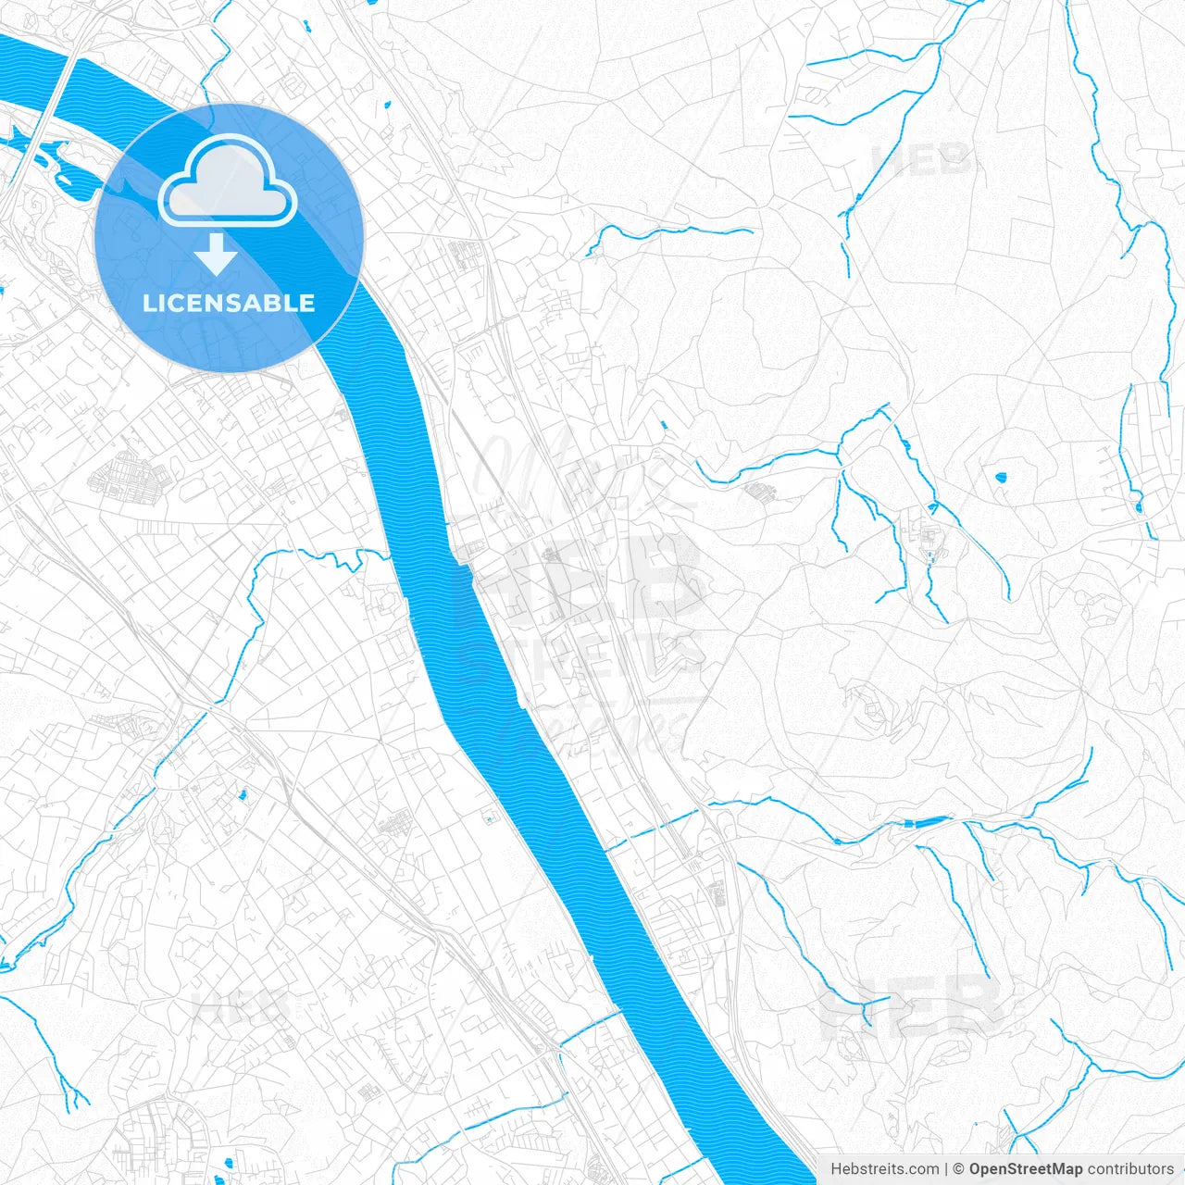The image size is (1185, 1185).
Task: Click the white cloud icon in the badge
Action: point(228,180)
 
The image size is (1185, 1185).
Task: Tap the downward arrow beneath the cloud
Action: point(217,254)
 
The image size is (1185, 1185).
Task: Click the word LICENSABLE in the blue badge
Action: point(229,303)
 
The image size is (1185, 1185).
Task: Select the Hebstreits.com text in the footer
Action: point(884,1169)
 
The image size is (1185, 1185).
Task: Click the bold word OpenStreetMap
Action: point(1026,1169)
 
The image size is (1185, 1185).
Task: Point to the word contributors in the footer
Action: point(1130,1169)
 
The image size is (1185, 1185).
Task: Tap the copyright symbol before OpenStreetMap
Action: point(959,1169)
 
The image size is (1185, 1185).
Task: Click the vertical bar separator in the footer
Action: point(946,1169)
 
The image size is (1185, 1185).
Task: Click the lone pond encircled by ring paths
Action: point(1000,479)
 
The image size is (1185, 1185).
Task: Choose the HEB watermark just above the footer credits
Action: point(912,1004)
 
